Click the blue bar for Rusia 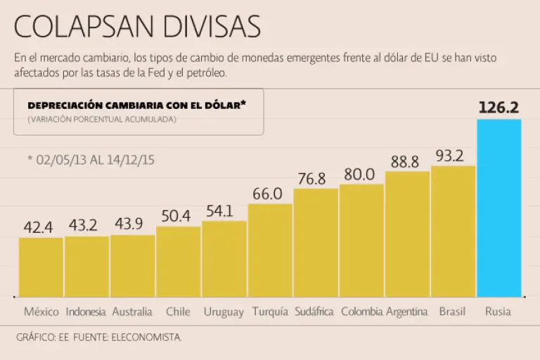click(x=499, y=208)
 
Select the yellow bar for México click(x=41, y=267)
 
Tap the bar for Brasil click(x=454, y=231)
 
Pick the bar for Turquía click(x=270, y=250)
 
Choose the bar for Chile click(x=178, y=262)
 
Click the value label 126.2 click(x=499, y=108)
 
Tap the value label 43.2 click(x=86, y=226)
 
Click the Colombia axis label click(x=361, y=311)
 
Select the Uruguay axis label click(x=224, y=312)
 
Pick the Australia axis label click(x=132, y=311)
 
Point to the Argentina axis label click(x=407, y=312)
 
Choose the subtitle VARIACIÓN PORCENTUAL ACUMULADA click(x=102, y=120)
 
